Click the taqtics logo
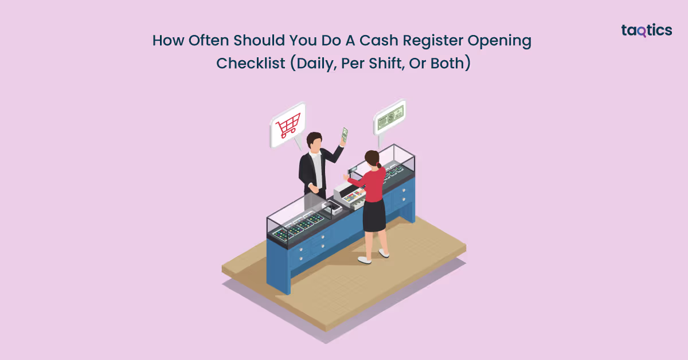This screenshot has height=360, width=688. [646, 31]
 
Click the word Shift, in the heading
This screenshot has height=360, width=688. [383, 62]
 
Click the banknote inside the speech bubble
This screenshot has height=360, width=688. [390, 119]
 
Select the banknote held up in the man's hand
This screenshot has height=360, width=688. [345, 135]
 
